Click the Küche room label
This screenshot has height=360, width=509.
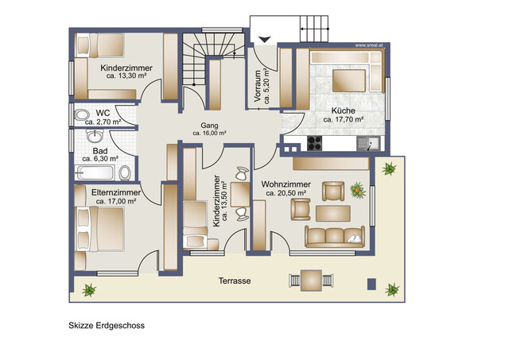pyautogui.click(x=343, y=110)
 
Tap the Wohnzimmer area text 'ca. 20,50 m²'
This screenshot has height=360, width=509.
pyautogui.click(x=286, y=193)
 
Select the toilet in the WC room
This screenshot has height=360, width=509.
pyautogui.click(x=81, y=114)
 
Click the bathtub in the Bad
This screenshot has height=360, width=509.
pyautogui.click(x=95, y=172)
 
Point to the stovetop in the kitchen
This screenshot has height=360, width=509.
pyautogui.click(x=314, y=143)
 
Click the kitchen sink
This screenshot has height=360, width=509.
pyautogui.click(x=368, y=144)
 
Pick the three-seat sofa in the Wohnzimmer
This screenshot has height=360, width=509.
pyautogui.click(x=335, y=237)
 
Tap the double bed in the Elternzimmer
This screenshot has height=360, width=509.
pyautogui.click(x=99, y=229)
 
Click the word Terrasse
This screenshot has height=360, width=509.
pyautogui.click(x=235, y=281)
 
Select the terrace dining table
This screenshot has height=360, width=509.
pyautogui.click(x=311, y=281)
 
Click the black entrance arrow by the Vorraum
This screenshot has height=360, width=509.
pyautogui.click(x=265, y=40)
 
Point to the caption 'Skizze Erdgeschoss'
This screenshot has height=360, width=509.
pyautogui.click(x=107, y=325)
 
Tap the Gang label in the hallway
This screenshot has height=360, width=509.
pyautogui.click(x=209, y=126)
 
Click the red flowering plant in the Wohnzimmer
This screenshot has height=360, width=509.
pyautogui.click(x=358, y=190)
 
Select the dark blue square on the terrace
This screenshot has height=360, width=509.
pyautogui.click(x=371, y=285)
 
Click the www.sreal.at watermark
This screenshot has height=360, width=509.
pyautogui.click(x=369, y=45)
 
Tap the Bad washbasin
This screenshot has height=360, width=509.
pyautogui.click(x=95, y=136)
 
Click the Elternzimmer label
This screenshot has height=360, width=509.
pyautogui.click(x=116, y=192)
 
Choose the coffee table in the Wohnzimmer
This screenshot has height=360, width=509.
pyautogui.click(x=332, y=214)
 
